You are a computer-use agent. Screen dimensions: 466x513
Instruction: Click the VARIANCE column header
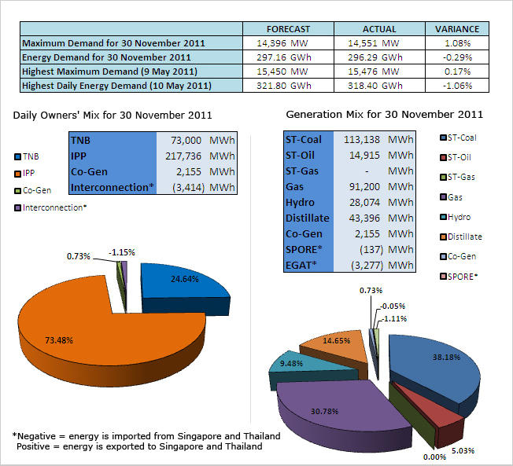[457, 29]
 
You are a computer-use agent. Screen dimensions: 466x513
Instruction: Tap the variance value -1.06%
[457, 85]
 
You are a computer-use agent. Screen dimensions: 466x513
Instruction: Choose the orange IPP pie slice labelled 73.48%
[94, 330]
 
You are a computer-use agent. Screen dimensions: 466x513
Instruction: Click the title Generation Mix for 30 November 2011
[384, 115]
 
